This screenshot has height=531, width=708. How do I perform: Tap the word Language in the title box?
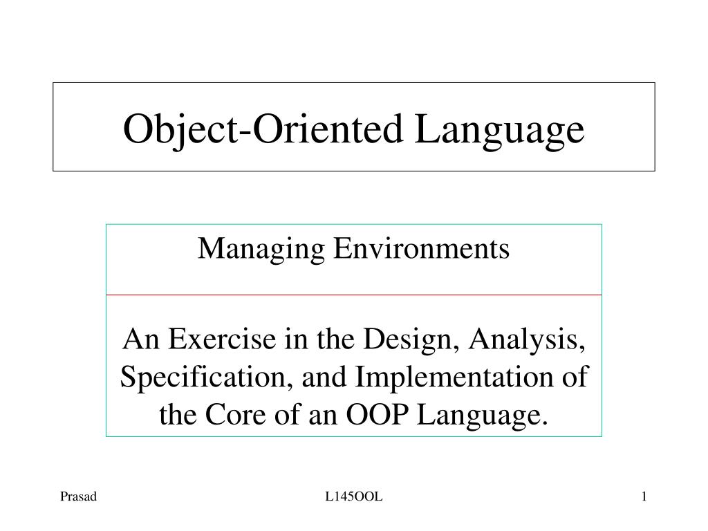[499, 129]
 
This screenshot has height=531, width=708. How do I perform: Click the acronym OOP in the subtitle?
[371, 415]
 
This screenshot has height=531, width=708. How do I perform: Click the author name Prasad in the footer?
[77, 496]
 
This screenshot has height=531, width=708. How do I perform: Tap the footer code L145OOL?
[354, 496]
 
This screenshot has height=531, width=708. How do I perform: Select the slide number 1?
[644, 496]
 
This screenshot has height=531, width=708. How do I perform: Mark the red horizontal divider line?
[354, 295]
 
